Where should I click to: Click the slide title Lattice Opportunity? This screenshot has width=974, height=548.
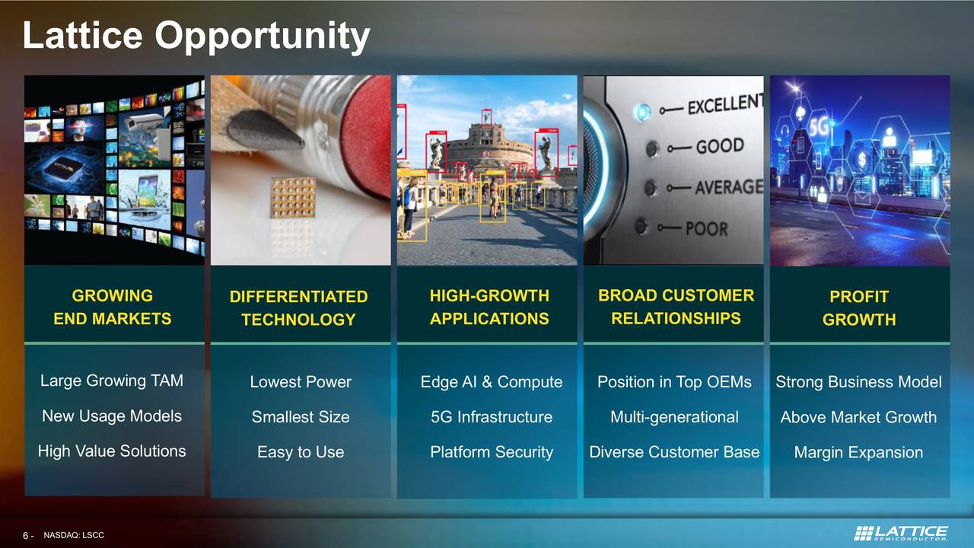[x=196, y=36]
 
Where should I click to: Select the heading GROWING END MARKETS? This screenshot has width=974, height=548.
[x=113, y=307]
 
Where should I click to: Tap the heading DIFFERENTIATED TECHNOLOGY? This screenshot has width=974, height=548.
[x=298, y=307]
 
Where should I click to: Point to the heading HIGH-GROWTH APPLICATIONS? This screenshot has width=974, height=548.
[x=489, y=307]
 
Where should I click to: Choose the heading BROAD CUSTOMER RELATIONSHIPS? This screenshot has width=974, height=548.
[x=676, y=307]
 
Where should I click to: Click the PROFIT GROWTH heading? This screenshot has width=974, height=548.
[x=858, y=307]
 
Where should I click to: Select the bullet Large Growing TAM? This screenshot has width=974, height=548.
[x=112, y=381]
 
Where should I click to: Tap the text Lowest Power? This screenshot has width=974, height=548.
[x=301, y=382]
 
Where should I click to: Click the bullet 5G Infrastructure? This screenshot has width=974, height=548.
[x=491, y=417]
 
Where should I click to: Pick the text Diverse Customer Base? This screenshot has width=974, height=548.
[x=674, y=452]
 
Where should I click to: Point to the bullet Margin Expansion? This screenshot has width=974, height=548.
[x=858, y=452]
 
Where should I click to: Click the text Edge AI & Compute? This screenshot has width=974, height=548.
[x=491, y=382]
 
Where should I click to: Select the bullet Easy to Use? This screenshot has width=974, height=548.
[x=301, y=452]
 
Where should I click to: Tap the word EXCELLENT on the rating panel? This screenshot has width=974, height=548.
[x=724, y=104]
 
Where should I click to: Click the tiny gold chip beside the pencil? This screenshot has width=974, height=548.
[x=294, y=197]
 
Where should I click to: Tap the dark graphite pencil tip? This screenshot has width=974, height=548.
[x=263, y=129]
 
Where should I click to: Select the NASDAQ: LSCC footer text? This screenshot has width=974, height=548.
[x=74, y=536]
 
